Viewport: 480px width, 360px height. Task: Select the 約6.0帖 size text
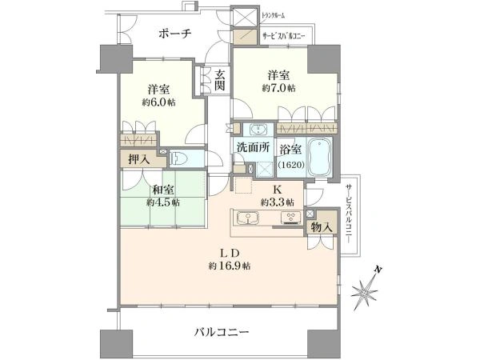[161, 102]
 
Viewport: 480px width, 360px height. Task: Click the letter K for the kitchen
[278, 190]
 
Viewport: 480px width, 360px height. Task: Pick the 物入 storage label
[322, 229]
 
